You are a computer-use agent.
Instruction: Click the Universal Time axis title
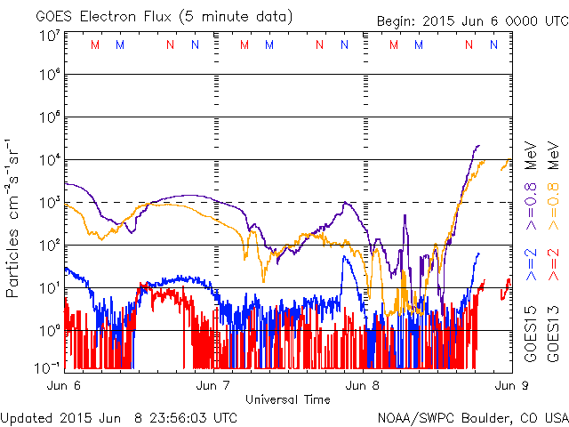point(287,399)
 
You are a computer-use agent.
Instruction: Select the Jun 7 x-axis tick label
point(213,386)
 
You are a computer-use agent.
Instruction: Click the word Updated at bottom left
point(25,416)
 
